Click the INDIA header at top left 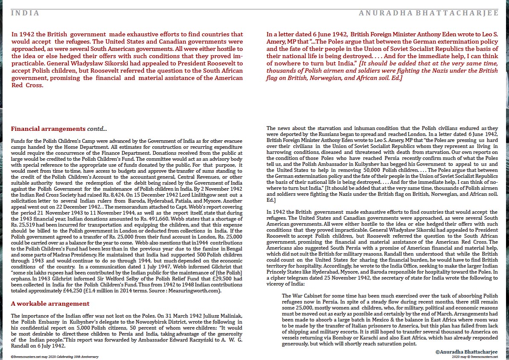(x=25, y=13)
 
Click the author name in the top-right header (x=429, y=13)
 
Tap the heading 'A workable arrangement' (x=50, y=304)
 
